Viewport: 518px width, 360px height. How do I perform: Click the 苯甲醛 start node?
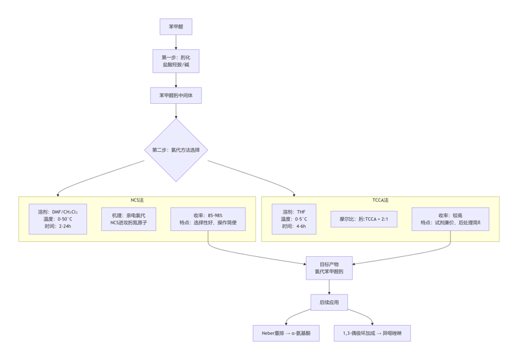click(x=176, y=27)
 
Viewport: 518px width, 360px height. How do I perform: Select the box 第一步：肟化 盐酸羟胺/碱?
click(x=176, y=61)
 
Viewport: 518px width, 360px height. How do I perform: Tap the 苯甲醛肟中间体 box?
click(x=176, y=95)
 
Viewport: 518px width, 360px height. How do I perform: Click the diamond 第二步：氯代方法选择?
click(x=176, y=150)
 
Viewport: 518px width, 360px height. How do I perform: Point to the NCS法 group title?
click(x=137, y=200)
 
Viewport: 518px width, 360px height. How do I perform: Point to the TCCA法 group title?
click(x=380, y=200)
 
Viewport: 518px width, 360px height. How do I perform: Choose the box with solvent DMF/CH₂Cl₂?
click(x=58, y=219)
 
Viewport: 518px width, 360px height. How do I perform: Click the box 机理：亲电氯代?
click(x=128, y=219)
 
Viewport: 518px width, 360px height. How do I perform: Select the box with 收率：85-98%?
click(x=207, y=219)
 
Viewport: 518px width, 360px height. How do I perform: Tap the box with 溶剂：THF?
click(x=294, y=219)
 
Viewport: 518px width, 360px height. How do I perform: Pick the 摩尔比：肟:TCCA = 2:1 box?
click(x=364, y=219)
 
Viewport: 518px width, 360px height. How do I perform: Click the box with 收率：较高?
click(x=450, y=219)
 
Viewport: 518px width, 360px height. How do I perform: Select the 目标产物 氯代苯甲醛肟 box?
click(x=329, y=268)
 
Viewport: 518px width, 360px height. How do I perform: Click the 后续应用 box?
click(x=329, y=302)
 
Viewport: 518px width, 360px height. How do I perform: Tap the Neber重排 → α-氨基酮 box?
click(x=286, y=333)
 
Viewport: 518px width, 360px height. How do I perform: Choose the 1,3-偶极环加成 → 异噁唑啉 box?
click(x=372, y=333)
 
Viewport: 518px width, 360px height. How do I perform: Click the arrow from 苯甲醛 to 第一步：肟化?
click(x=176, y=42)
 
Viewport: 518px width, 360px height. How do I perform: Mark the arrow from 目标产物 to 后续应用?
click(x=329, y=287)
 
